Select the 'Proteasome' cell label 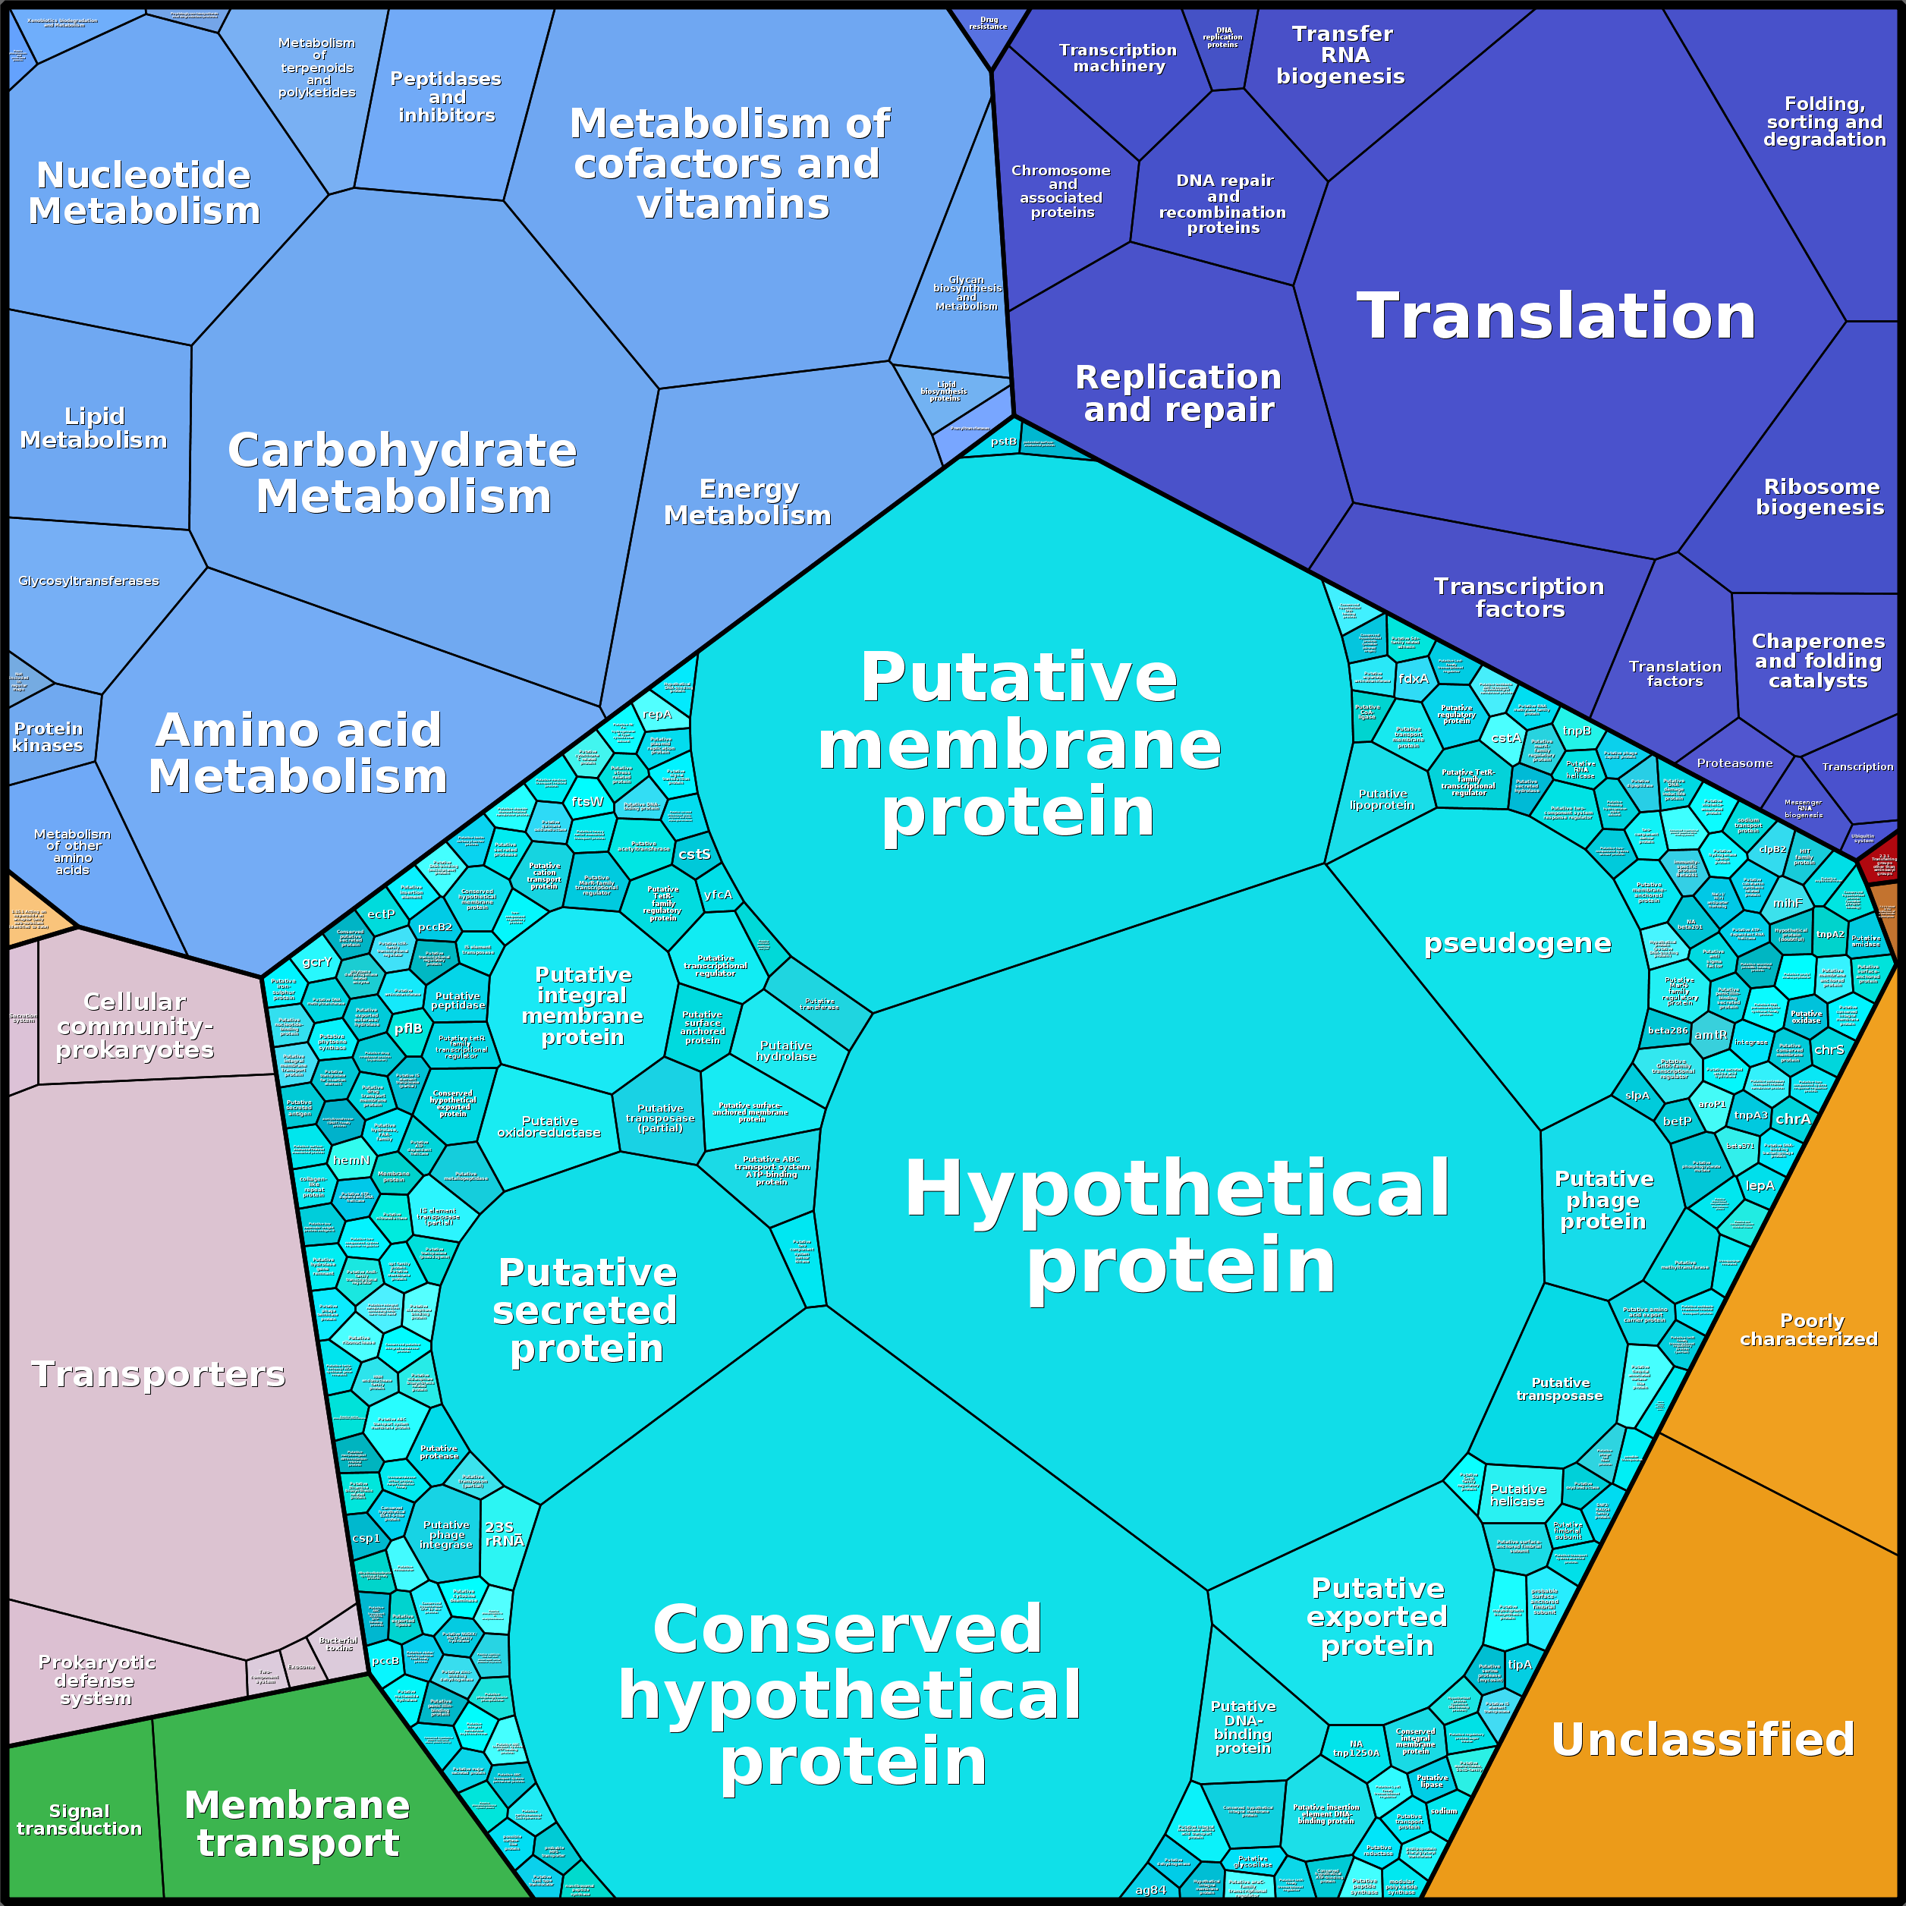pyautogui.click(x=1735, y=763)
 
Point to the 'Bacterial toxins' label pyautogui.click(x=338, y=1643)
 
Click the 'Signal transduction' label pyautogui.click(x=79, y=1820)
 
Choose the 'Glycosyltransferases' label pyautogui.click(x=89, y=581)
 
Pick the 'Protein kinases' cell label pyautogui.click(x=47, y=737)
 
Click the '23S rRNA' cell pyautogui.click(x=503, y=1534)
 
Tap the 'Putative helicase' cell pyautogui.click(x=1518, y=1496)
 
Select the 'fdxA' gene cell pyautogui.click(x=1413, y=679)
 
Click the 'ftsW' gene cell pyautogui.click(x=587, y=802)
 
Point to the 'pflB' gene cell pyautogui.click(x=408, y=1028)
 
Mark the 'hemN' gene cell pyautogui.click(x=351, y=1160)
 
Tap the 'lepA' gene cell pyautogui.click(x=1760, y=1186)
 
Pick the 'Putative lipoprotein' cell pyautogui.click(x=1382, y=799)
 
